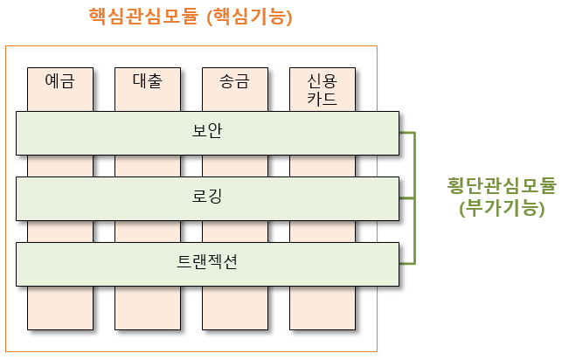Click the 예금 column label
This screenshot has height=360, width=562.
click(x=59, y=82)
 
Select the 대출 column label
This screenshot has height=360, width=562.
click(x=147, y=82)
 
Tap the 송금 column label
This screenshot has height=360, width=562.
click(x=234, y=82)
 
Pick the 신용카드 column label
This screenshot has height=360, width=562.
click(x=322, y=89)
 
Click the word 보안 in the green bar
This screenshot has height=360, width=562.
click(x=207, y=131)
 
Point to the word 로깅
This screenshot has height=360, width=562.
click(x=207, y=197)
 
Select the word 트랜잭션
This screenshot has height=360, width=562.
click(x=207, y=263)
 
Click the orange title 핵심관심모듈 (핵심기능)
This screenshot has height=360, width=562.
click(x=190, y=17)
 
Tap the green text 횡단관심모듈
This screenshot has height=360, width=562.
click(x=501, y=186)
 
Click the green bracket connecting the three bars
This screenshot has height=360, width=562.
click(x=413, y=197)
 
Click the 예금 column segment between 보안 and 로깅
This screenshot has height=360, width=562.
click(x=59, y=164)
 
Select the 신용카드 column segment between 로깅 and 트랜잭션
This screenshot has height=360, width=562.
click(x=322, y=231)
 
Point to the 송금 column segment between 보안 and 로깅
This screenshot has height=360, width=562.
click(x=234, y=164)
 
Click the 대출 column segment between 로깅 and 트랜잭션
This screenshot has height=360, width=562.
click(x=147, y=231)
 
